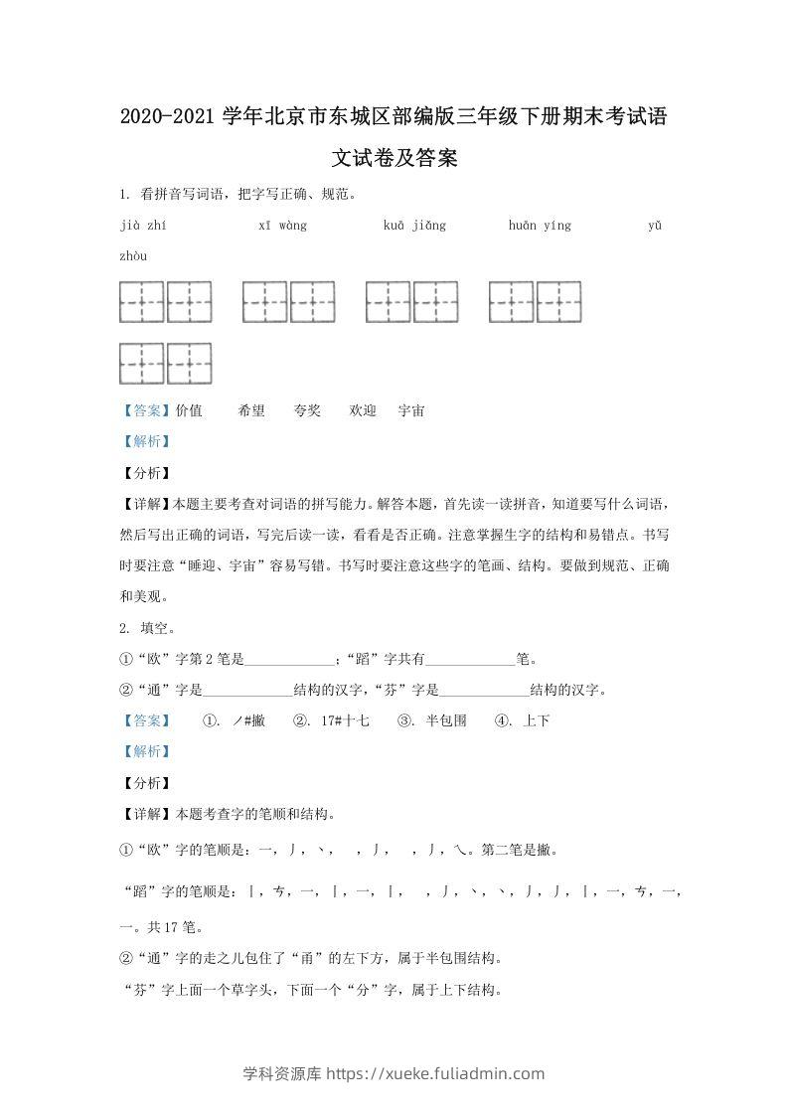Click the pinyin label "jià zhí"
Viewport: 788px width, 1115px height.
point(142,226)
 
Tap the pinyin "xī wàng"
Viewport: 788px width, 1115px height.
point(282,226)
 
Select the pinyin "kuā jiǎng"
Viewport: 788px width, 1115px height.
point(414,226)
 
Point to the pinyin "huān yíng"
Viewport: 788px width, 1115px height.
point(540,226)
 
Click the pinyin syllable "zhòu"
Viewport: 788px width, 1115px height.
point(133,256)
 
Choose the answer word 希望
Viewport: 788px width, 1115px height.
point(251,410)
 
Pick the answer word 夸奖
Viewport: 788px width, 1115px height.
point(307,410)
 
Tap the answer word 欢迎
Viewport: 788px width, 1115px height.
point(363,410)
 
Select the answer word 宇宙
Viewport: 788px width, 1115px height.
point(411,410)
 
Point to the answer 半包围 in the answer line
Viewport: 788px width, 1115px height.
point(445,720)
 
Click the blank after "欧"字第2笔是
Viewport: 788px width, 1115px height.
point(289,659)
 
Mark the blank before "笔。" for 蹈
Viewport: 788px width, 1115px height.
point(471,659)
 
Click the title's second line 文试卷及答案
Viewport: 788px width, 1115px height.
point(394,157)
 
